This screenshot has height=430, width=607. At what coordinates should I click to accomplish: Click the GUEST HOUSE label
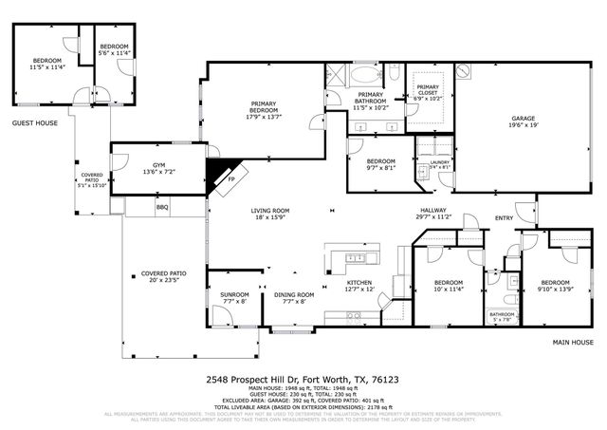[x=34, y=122]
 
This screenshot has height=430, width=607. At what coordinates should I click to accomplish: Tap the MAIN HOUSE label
[x=574, y=342]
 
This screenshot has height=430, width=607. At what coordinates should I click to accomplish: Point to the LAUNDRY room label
[x=439, y=161]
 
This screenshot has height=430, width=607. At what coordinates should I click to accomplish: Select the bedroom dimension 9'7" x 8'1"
[x=380, y=167]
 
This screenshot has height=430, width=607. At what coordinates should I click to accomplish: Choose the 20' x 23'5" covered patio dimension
[x=164, y=280]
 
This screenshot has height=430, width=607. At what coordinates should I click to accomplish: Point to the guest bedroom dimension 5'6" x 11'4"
[x=115, y=53]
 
